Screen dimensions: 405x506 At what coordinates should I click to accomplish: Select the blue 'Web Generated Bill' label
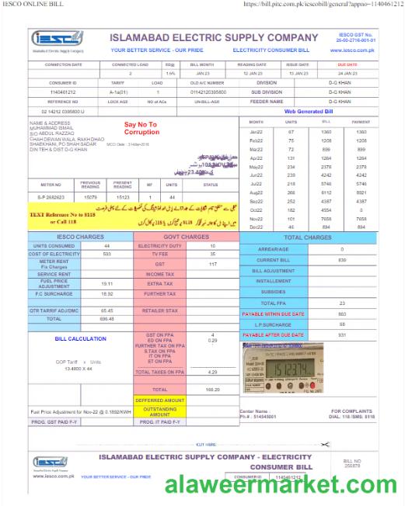[309, 112]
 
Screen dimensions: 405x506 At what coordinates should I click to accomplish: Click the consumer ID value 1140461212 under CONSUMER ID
[62, 92]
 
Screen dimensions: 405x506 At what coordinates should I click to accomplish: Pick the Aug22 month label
[256, 192]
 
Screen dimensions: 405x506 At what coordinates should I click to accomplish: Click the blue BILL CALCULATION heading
[80, 338]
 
